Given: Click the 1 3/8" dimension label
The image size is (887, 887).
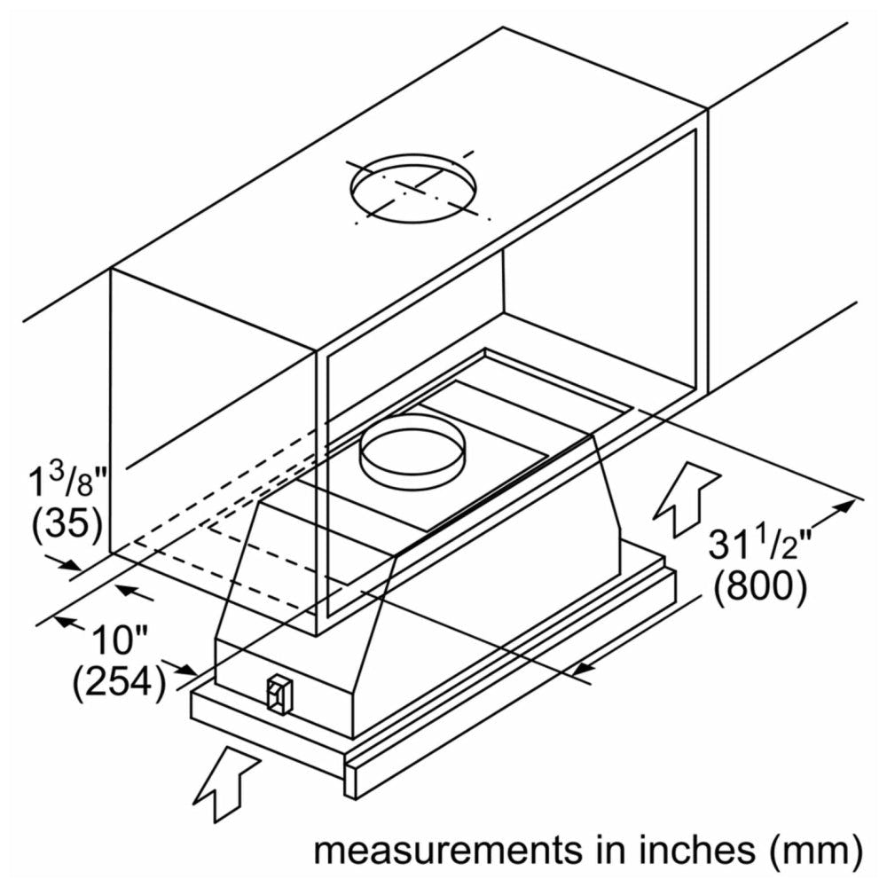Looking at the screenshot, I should click(67, 484).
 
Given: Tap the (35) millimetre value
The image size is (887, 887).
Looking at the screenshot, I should click(67, 525).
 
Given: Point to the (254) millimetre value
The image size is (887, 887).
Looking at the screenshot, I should click(119, 682).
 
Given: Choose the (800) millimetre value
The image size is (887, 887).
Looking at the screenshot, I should click(762, 587).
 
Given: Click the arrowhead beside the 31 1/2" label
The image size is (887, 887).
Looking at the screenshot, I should click(847, 505).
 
